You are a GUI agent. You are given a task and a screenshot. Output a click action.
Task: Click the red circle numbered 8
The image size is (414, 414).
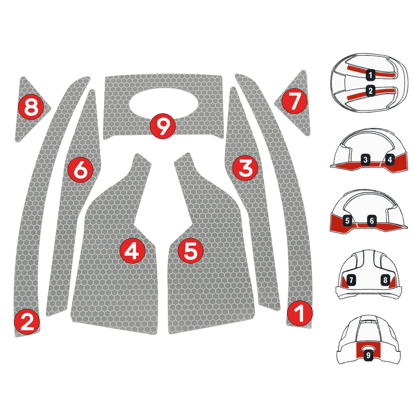point(31,108)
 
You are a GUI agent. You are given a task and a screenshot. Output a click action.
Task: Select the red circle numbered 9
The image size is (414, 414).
point(163,127)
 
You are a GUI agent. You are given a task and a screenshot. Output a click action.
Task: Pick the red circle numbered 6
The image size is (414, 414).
point(81,169)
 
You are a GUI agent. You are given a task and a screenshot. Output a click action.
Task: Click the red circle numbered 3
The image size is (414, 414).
point(245,168)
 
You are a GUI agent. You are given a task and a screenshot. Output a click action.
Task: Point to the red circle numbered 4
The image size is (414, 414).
point(132,251)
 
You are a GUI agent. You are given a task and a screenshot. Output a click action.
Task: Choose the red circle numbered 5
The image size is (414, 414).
point(190,251)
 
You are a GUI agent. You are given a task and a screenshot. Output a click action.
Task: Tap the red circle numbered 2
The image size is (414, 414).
point(27,322)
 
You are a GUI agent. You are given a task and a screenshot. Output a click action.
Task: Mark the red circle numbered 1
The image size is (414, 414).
point(300,313)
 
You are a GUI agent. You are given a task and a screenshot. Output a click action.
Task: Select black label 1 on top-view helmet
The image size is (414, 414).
point(370,74)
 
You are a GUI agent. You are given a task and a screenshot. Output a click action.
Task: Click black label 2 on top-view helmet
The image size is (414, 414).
point(370,91)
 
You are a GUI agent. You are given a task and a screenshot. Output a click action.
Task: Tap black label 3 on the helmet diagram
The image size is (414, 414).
point(365,160)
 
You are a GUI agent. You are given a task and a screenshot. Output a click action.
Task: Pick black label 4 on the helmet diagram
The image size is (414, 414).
point(389,160)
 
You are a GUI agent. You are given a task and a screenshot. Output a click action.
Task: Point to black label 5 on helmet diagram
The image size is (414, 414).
point(347,221)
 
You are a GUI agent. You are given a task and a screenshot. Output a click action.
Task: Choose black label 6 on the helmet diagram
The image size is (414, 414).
point(372,221)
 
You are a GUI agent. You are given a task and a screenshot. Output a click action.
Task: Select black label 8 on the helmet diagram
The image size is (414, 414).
point(385,279)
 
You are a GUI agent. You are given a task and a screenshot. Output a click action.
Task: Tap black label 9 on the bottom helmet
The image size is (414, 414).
point(368,355)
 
